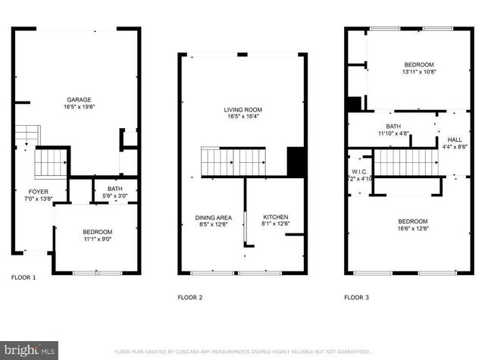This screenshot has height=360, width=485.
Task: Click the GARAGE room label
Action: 79,99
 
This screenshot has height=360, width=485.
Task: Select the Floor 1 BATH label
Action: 114,189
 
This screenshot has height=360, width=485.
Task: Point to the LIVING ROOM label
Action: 242,109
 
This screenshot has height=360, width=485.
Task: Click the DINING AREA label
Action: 213,218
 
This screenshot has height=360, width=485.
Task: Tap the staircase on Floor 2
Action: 233,161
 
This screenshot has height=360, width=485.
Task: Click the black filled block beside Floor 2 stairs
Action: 296,161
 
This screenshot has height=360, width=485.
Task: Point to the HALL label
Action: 454,139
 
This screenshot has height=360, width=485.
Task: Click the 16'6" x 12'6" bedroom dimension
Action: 414,229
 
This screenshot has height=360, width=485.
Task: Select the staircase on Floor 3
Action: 407,163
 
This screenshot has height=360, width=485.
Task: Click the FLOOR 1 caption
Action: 23,277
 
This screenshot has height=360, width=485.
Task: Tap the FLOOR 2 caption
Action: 189,298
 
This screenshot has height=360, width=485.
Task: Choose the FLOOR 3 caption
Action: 357,298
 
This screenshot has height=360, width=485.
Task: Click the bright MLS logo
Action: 29,349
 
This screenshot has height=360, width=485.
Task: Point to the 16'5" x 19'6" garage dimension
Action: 79,107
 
